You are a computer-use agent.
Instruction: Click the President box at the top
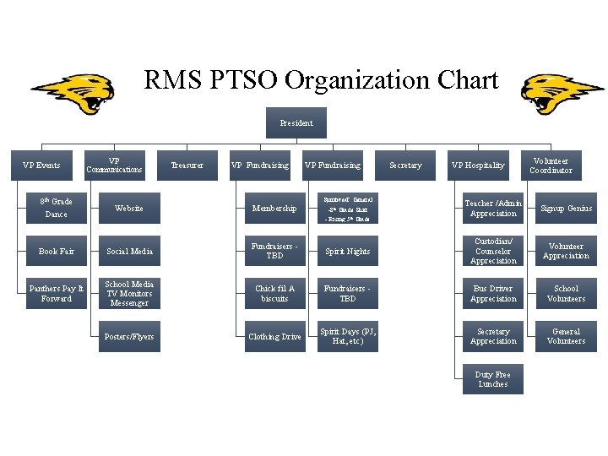coord(296,123)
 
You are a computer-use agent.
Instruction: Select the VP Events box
coord(41,166)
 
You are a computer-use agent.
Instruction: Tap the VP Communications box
coord(114,166)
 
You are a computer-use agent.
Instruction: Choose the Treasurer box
coord(187,166)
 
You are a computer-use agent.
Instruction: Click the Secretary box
coord(405,166)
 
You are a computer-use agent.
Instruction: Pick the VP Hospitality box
coord(478,166)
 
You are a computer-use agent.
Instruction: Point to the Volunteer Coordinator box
coord(551,166)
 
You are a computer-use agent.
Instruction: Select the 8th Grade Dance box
coord(57,208)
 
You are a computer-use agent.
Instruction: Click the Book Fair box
coord(57,252)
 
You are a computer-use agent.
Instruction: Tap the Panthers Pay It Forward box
coord(57,293)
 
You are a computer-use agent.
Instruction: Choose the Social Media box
coord(129,252)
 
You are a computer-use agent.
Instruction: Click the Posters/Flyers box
coord(129,337)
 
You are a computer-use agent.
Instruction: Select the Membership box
coord(274,208)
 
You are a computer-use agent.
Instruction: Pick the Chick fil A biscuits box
coord(274,293)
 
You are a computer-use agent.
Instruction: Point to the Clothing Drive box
coord(274,337)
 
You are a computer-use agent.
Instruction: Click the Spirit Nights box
coord(348,252)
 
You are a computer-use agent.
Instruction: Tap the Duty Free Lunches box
coord(493,380)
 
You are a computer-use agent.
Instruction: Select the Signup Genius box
coord(566,208)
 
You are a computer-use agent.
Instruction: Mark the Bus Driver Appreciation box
coord(493,293)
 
